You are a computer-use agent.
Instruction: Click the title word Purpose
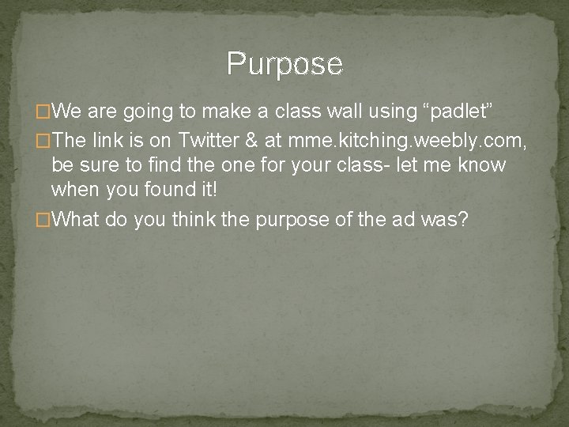click(284, 63)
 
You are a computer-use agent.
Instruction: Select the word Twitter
click(208, 141)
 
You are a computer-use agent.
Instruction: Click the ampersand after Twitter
click(251, 141)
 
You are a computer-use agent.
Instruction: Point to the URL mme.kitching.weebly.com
click(406, 141)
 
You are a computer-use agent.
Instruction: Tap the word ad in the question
click(403, 219)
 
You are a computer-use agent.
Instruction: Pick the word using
click(374, 111)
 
